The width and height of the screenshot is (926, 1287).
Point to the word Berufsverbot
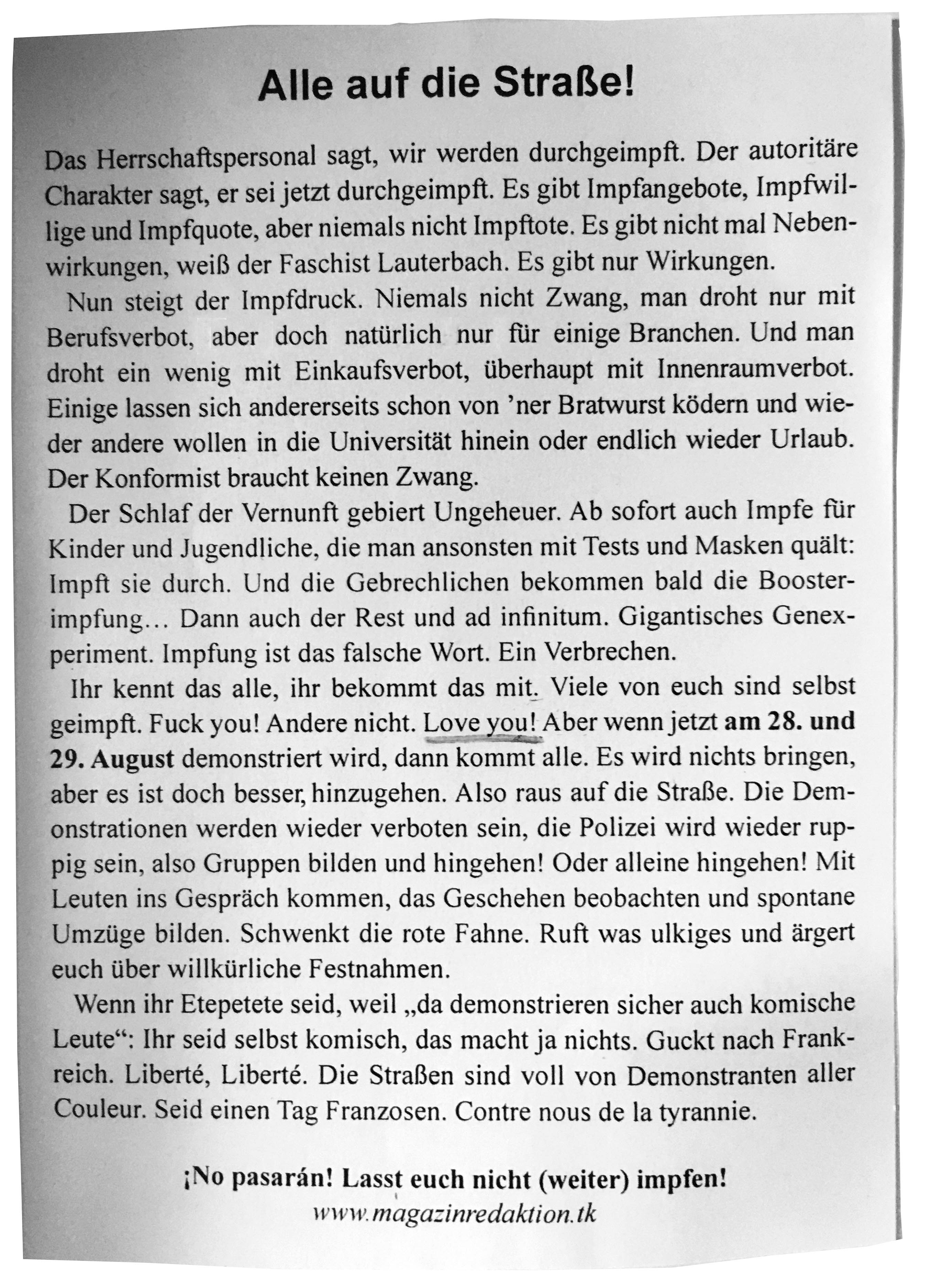pyautogui.click(x=121, y=337)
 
